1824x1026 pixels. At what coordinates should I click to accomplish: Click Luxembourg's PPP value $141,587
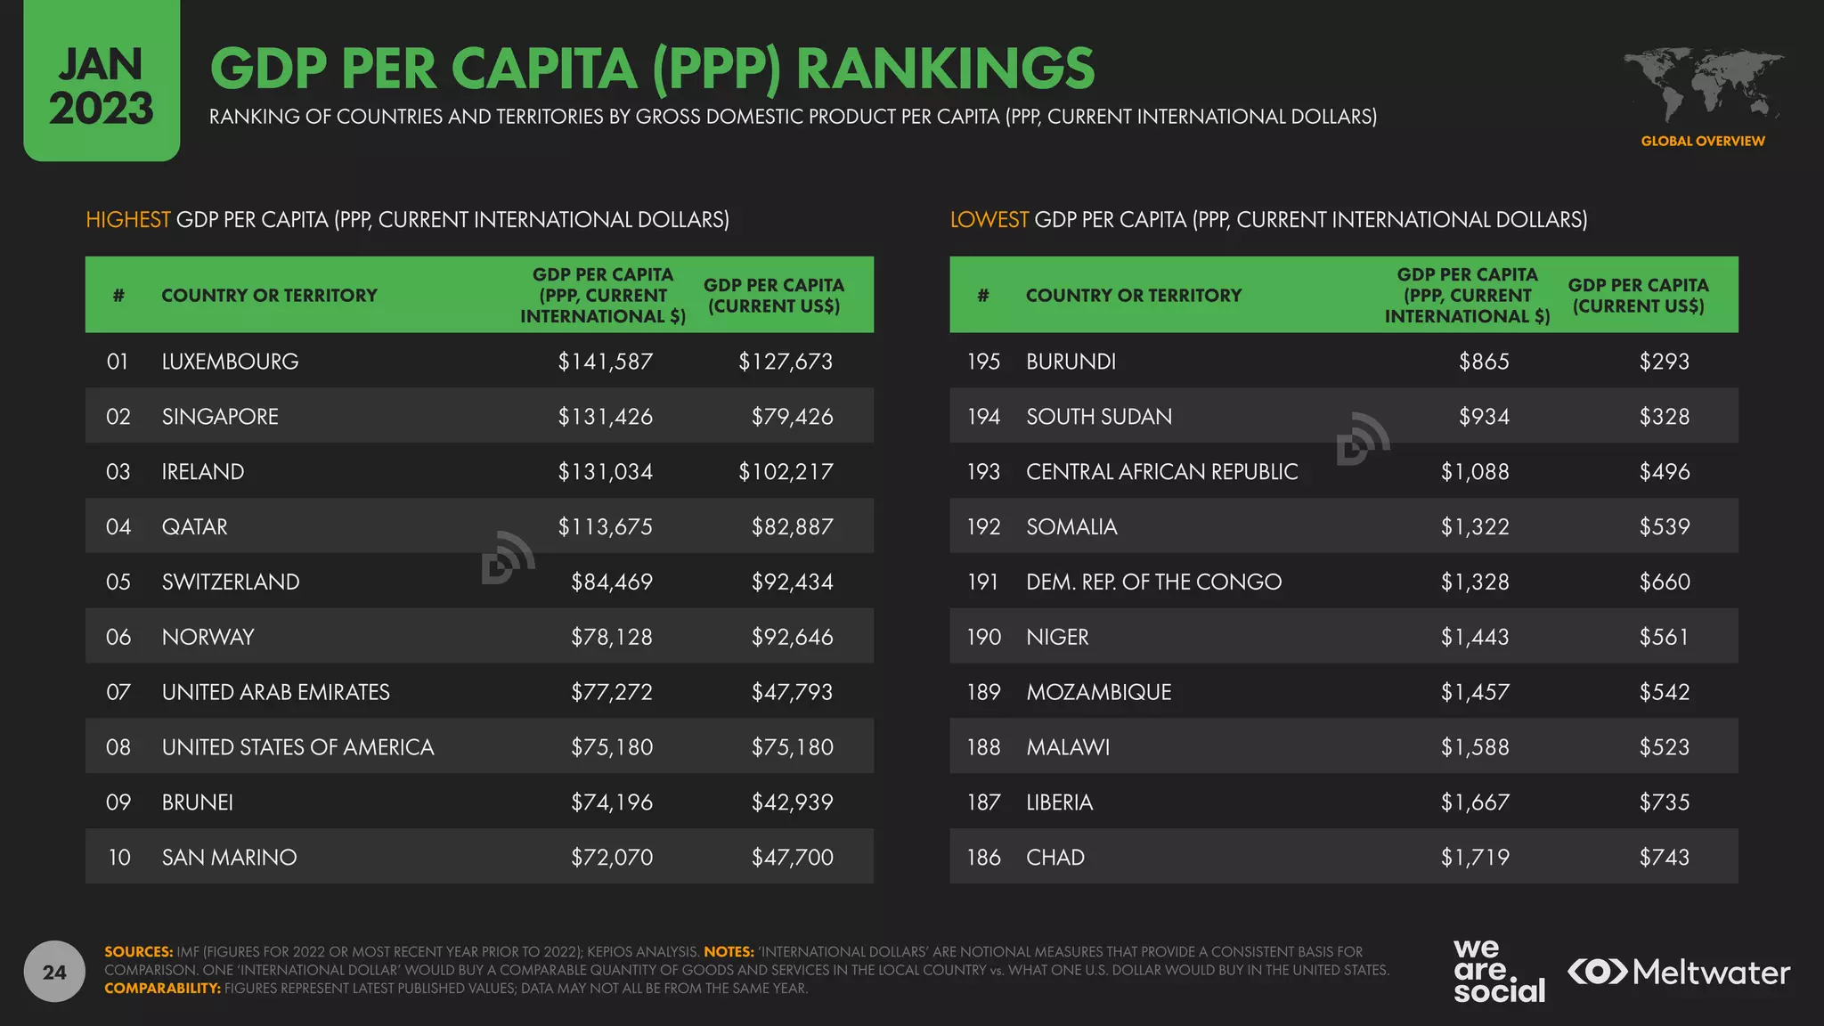point(606,362)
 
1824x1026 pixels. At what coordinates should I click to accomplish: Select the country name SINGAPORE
point(220,417)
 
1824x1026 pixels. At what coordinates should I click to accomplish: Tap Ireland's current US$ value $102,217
point(786,472)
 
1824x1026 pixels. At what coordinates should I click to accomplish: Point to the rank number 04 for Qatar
point(118,527)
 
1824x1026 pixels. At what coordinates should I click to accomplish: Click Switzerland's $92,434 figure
point(792,582)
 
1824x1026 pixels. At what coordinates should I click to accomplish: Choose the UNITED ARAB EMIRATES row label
point(275,692)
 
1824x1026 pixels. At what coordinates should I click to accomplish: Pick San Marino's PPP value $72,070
point(612,858)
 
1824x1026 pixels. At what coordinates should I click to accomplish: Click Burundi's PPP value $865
point(1484,362)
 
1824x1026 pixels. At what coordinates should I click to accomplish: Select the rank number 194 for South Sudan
point(984,417)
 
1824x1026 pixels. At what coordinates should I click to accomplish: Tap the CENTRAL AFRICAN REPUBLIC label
point(1161,472)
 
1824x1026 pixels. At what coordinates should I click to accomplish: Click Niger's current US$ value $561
point(1664,638)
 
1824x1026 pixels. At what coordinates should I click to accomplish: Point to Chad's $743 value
point(1664,858)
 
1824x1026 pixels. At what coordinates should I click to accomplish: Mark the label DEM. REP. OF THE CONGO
point(1153,582)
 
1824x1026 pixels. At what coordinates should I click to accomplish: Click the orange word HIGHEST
point(127,220)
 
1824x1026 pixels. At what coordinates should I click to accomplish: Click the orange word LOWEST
point(989,220)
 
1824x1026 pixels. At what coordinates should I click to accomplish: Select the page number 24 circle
point(54,972)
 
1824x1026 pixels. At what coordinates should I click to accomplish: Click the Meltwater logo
point(1679,972)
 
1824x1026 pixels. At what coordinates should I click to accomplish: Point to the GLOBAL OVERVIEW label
point(1702,141)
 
